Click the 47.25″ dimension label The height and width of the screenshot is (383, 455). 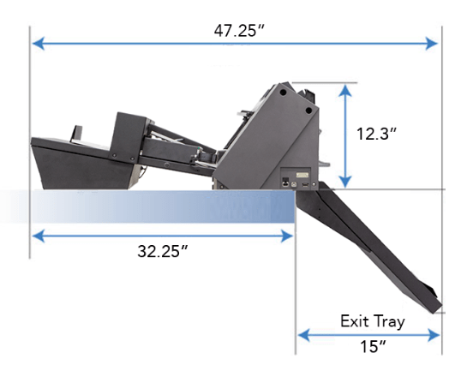tap(239, 31)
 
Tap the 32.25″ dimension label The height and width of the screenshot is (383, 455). tap(163, 251)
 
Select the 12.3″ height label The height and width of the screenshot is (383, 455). tap(376, 134)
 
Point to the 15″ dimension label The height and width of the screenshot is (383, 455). tap(374, 346)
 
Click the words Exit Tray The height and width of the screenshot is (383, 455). tap(373, 321)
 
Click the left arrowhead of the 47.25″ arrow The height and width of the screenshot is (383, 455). tap(39, 44)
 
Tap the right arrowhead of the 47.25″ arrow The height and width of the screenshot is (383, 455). tap(432, 44)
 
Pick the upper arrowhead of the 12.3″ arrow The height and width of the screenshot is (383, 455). tap(345, 90)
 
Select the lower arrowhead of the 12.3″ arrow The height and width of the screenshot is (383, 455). tap(345, 182)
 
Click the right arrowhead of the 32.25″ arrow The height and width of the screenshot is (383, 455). tap(287, 236)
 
